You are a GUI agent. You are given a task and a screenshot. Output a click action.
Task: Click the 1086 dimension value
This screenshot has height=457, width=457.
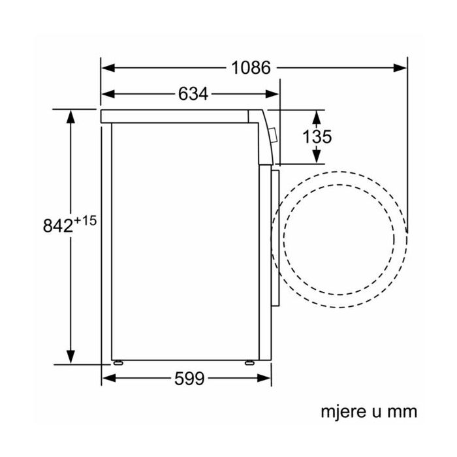coord(251,68)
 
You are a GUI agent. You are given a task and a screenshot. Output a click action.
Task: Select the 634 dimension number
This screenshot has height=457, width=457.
coord(193,94)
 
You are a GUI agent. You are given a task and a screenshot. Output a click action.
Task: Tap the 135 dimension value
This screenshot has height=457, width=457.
coord(317,136)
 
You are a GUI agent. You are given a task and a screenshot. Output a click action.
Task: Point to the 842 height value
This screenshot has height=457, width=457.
coord(57,226)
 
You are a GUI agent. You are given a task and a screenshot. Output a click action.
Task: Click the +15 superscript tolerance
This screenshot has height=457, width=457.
coord(85,221)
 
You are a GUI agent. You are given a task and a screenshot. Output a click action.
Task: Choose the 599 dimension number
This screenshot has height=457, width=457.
coord(189,379)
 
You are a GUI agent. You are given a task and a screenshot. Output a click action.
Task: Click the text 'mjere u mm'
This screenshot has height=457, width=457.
coord(369,411)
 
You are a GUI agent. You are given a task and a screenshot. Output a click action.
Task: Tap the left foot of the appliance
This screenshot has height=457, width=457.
coord(118,363)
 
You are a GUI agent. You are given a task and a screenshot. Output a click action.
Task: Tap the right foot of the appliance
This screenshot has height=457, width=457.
coord(249,363)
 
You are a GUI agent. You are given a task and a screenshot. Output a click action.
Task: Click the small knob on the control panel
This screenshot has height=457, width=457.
coord(274,136)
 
